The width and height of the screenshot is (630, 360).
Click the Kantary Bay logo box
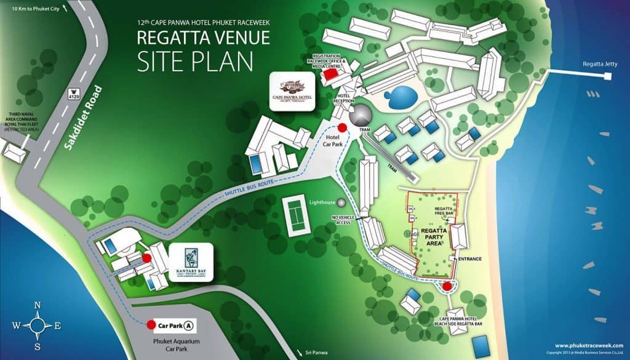190,263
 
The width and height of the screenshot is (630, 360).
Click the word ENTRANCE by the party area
469,258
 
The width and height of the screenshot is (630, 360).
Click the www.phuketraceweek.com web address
589,345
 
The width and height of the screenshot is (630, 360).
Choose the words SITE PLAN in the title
195,62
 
